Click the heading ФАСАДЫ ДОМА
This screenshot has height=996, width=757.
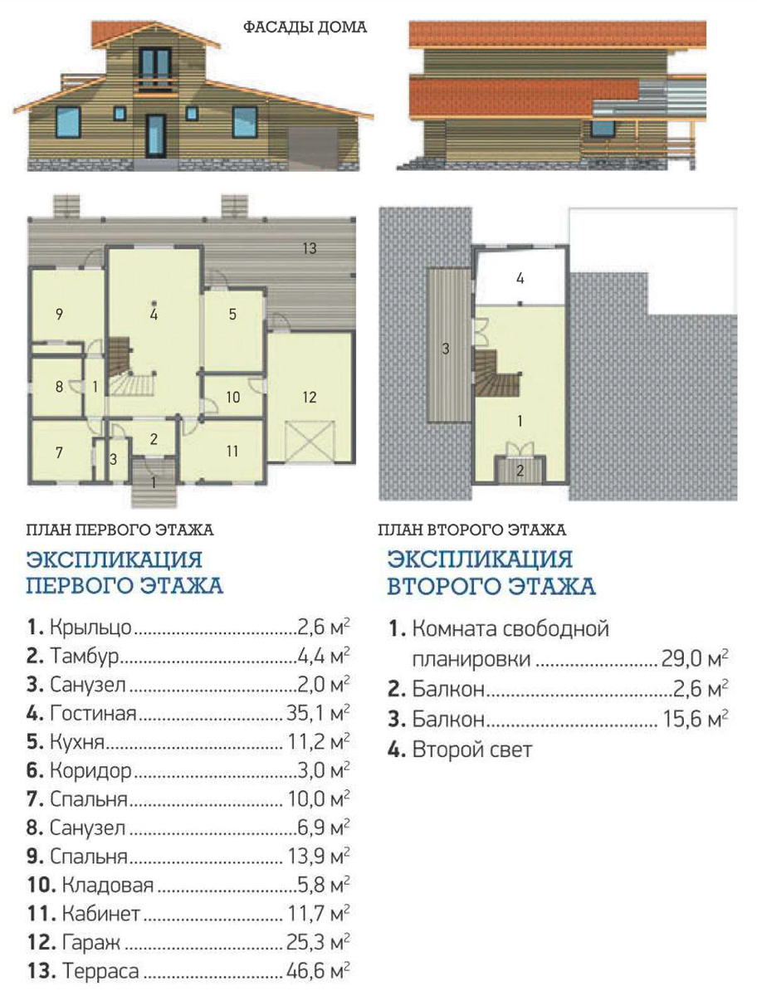(305, 27)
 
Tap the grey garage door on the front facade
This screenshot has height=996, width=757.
(313, 149)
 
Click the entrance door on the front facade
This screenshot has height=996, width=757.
(155, 136)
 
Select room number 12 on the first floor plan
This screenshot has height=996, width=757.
(310, 397)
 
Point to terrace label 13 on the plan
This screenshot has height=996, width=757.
(310, 248)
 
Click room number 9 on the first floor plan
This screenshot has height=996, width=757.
(59, 314)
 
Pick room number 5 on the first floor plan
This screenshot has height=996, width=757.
(232, 314)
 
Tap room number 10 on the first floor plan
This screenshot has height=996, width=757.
(232, 397)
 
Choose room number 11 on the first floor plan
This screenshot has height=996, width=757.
(232, 451)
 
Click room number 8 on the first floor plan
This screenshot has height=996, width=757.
(59, 387)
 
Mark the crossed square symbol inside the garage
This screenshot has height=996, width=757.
(310, 441)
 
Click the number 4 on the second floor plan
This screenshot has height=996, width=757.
(520, 278)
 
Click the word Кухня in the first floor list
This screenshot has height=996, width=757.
(77, 742)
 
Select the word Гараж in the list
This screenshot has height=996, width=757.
(91, 943)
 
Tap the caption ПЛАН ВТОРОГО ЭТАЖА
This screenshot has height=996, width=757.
(472, 530)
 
